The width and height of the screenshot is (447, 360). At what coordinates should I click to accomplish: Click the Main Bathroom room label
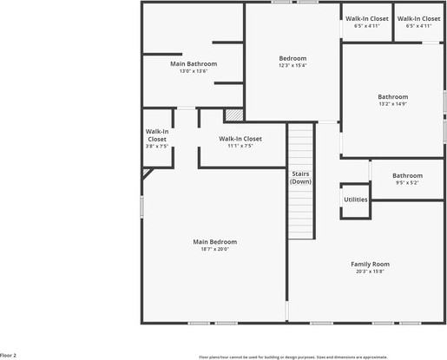(x=193, y=63)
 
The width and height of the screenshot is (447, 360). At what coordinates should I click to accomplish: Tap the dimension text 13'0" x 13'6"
(x=193, y=71)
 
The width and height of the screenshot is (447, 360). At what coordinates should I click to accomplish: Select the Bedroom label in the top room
(x=293, y=58)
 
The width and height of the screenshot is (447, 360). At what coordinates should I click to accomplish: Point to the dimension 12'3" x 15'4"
(x=293, y=66)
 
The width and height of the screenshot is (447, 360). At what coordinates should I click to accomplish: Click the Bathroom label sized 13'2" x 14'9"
(x=392, y=96)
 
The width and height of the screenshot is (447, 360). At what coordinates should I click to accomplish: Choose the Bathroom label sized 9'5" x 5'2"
(x=407, y=175)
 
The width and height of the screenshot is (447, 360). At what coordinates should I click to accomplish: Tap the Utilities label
(x=356, y=200)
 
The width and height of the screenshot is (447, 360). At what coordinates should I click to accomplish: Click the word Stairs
(x=300, y=173)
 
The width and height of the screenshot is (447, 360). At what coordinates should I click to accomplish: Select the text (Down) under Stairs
(x=300, y=181)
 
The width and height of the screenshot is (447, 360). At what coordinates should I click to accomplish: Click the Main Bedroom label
(x=214, y=241)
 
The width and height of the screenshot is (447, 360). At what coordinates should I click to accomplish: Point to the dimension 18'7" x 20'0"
(x=214, y=249)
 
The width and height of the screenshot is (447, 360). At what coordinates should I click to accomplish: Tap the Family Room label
(x=370, y=264)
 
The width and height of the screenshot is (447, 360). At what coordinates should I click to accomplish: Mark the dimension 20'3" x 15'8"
(x=370, y=272)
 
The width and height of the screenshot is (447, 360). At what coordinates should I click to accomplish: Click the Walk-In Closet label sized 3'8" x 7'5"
(x=157, y=134)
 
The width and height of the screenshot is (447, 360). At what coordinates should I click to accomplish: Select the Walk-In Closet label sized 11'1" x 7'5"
(x=240, y=138)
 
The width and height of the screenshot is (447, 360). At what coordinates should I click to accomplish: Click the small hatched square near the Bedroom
(x=233, y=115)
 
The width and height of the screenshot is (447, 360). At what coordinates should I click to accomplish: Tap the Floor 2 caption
(x=9, y=356)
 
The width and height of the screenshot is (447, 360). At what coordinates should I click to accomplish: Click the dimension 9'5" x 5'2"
(x=407, y=183)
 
